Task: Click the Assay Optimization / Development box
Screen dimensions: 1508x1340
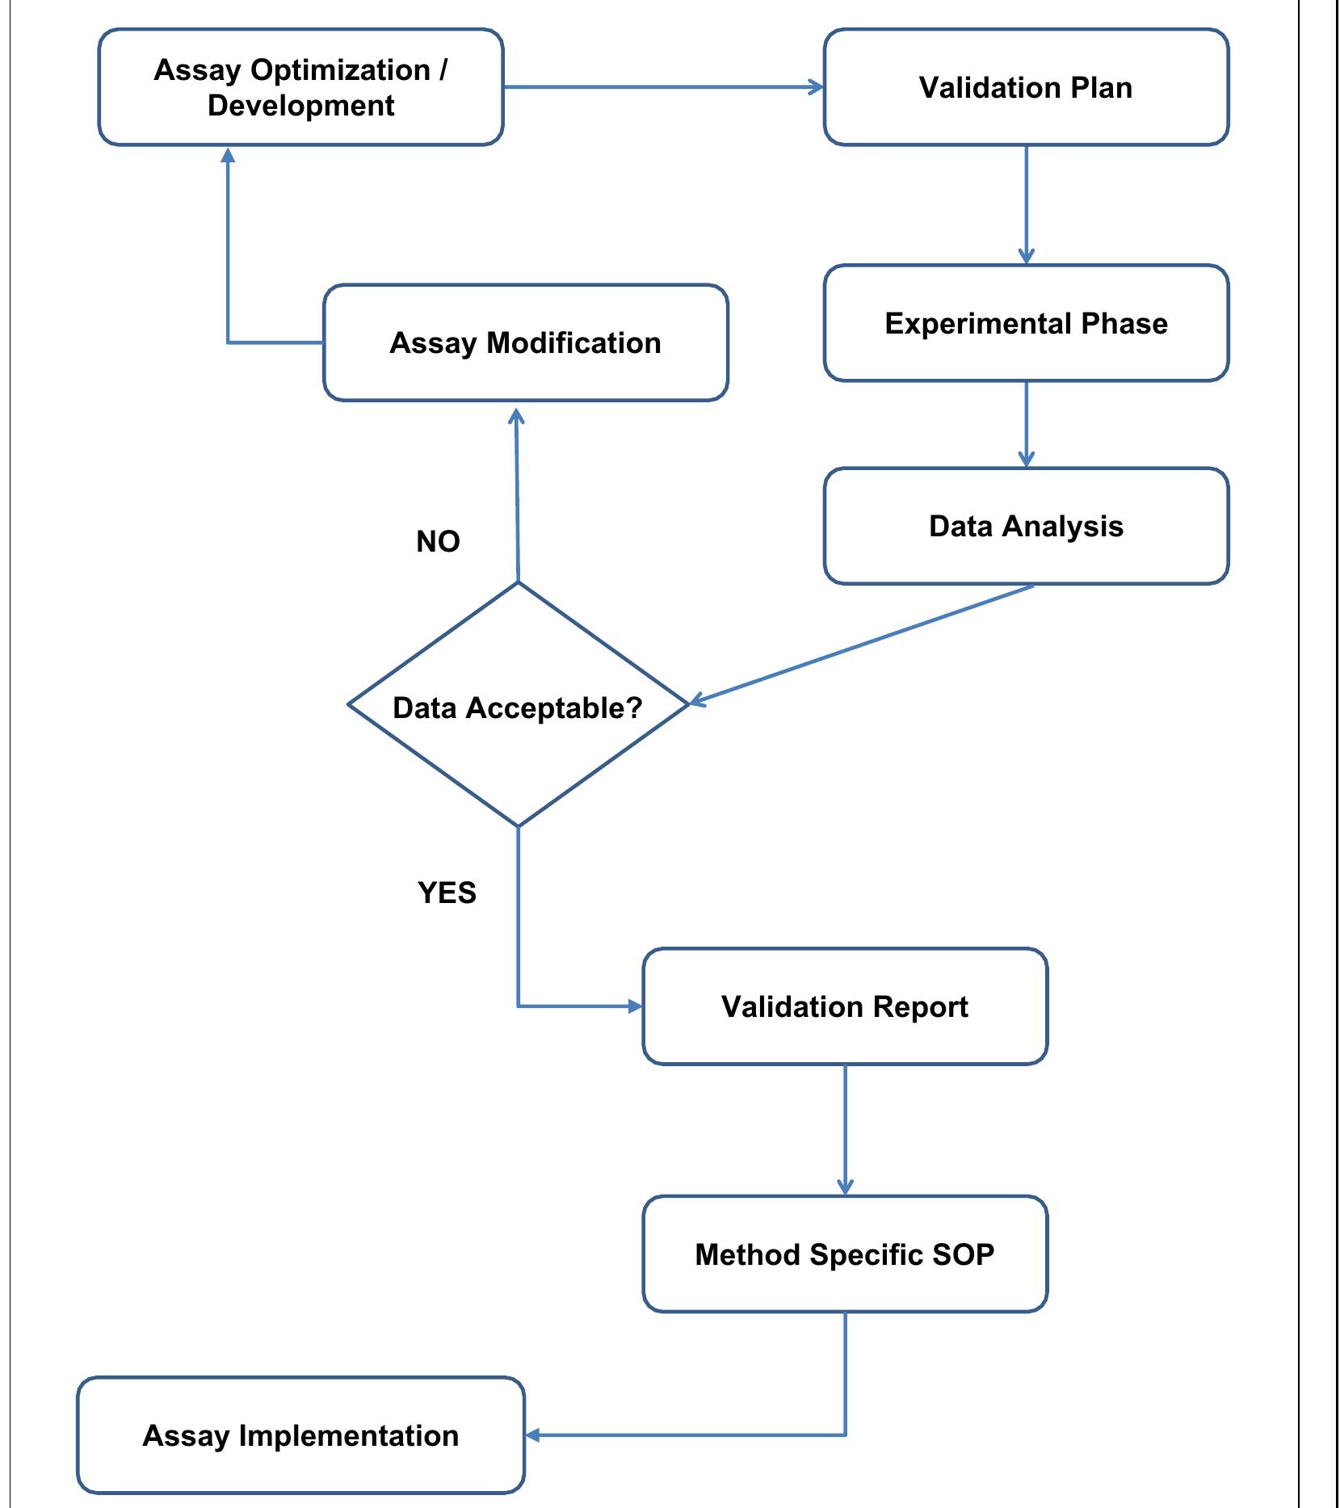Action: pyautogui.click(x=300, y=87)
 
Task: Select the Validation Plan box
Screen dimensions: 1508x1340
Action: pyautogui.click(x=1026, y=87)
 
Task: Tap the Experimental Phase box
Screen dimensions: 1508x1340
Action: pyautogui.click(x=1026, y=323)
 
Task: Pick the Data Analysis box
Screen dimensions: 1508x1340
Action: pyautogui.click(x=1026, y=526)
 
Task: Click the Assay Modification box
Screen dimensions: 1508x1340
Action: pyautogui.click(x=525, y=342)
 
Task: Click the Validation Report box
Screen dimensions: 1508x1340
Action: pyautogui.click(x=845, y=1006)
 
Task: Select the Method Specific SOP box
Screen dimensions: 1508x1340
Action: pyautogui.click(x=845, y=1254)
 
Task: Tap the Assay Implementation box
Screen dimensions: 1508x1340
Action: pyautogui.click(x=300, y=1435)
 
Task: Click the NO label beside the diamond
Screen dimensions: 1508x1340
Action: pyautogui.click(x=438, y=541)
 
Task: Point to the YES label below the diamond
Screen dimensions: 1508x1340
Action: pyautogui.click(x=447, y=893)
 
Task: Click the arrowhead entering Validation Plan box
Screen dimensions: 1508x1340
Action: pyautogui.click(x=816, y=87)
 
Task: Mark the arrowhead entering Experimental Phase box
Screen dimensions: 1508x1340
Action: pyautogui.click(x=1026, y=256)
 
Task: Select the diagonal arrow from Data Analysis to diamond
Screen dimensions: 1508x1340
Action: pyautogui.click(x=861, y=644)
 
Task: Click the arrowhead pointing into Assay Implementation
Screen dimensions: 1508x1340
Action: pyautogui.click(x=533, y=1435)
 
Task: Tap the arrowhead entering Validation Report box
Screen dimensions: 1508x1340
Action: pyautogui.click(x=635, y=1006)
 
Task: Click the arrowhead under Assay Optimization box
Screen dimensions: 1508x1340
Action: pyautogui.click(x=228, y=155)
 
